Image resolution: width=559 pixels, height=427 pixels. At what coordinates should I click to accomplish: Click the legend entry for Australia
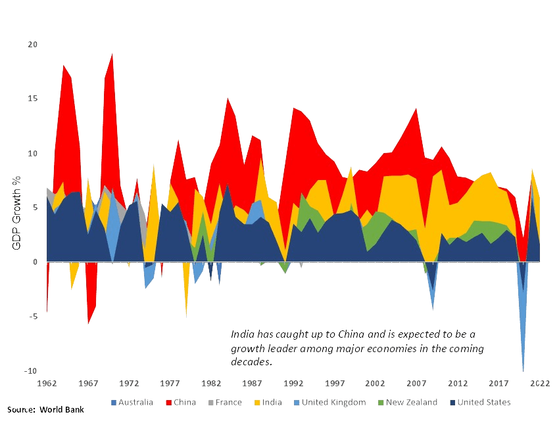137,402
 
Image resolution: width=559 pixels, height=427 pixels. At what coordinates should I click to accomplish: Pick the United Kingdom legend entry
328,402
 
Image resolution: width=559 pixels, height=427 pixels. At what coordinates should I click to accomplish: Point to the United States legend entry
483,402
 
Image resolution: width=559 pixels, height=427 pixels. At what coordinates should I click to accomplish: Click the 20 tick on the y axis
32,45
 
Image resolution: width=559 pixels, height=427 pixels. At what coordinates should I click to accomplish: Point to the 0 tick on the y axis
36,262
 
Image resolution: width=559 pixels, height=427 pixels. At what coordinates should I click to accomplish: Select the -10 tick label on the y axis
31,371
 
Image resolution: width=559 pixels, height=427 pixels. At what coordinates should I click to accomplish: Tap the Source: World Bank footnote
45,409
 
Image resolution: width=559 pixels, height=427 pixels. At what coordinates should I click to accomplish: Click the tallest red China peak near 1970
112,53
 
